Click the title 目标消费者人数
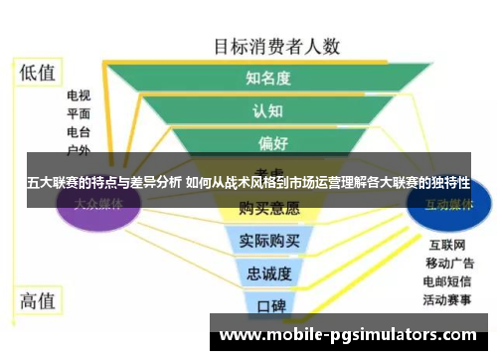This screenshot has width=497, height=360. pyautogui.click(x=276, y=45)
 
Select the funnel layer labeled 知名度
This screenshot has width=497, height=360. pyautogui.click(x=267, y=78)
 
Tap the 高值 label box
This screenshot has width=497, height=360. pyautogui.click(x=39, y=298)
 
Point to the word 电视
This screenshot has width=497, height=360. pyautogui.click(x=79, y=96)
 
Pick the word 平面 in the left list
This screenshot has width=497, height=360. pyautogui.click(x=79, y=114)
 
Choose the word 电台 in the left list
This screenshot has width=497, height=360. pyautogui.click(x=79, y=132)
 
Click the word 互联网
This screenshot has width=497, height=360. pyautogui.click(x=446, y=245)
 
